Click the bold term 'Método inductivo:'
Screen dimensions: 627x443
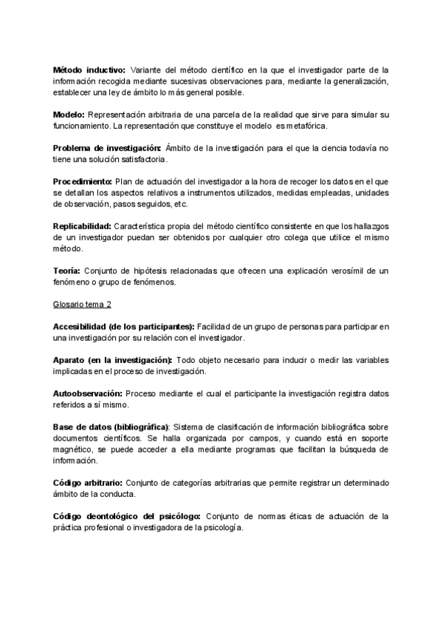point(89,70)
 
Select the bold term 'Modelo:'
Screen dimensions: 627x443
point(70,115)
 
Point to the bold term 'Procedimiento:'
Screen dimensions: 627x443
point(83,181)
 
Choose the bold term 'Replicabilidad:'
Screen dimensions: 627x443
point(82,226)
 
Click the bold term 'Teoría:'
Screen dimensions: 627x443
point(67,271)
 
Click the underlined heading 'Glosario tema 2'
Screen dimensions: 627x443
point(83,304)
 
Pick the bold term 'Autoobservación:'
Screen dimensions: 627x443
point(88,393)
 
